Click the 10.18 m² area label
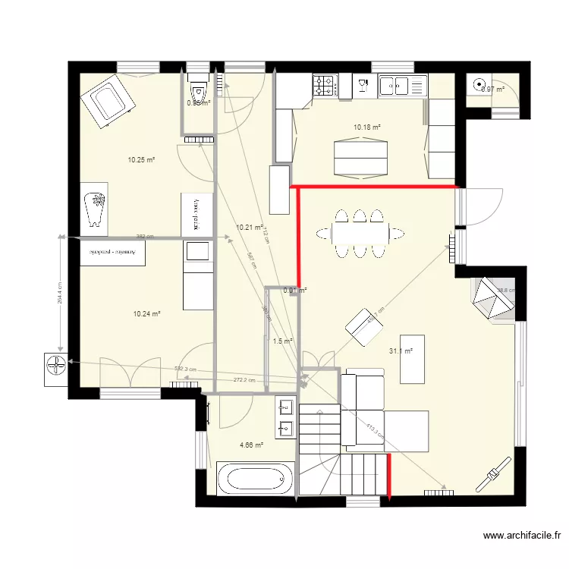click(367, 127)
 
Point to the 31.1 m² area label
click(401, 351)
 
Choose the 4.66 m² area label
click(251, 445)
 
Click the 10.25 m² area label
click(141, 160)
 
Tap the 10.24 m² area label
click(146, 313)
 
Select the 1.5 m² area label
click(282, 341)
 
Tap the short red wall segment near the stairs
click(389, 476)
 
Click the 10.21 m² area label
click(250, 227)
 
